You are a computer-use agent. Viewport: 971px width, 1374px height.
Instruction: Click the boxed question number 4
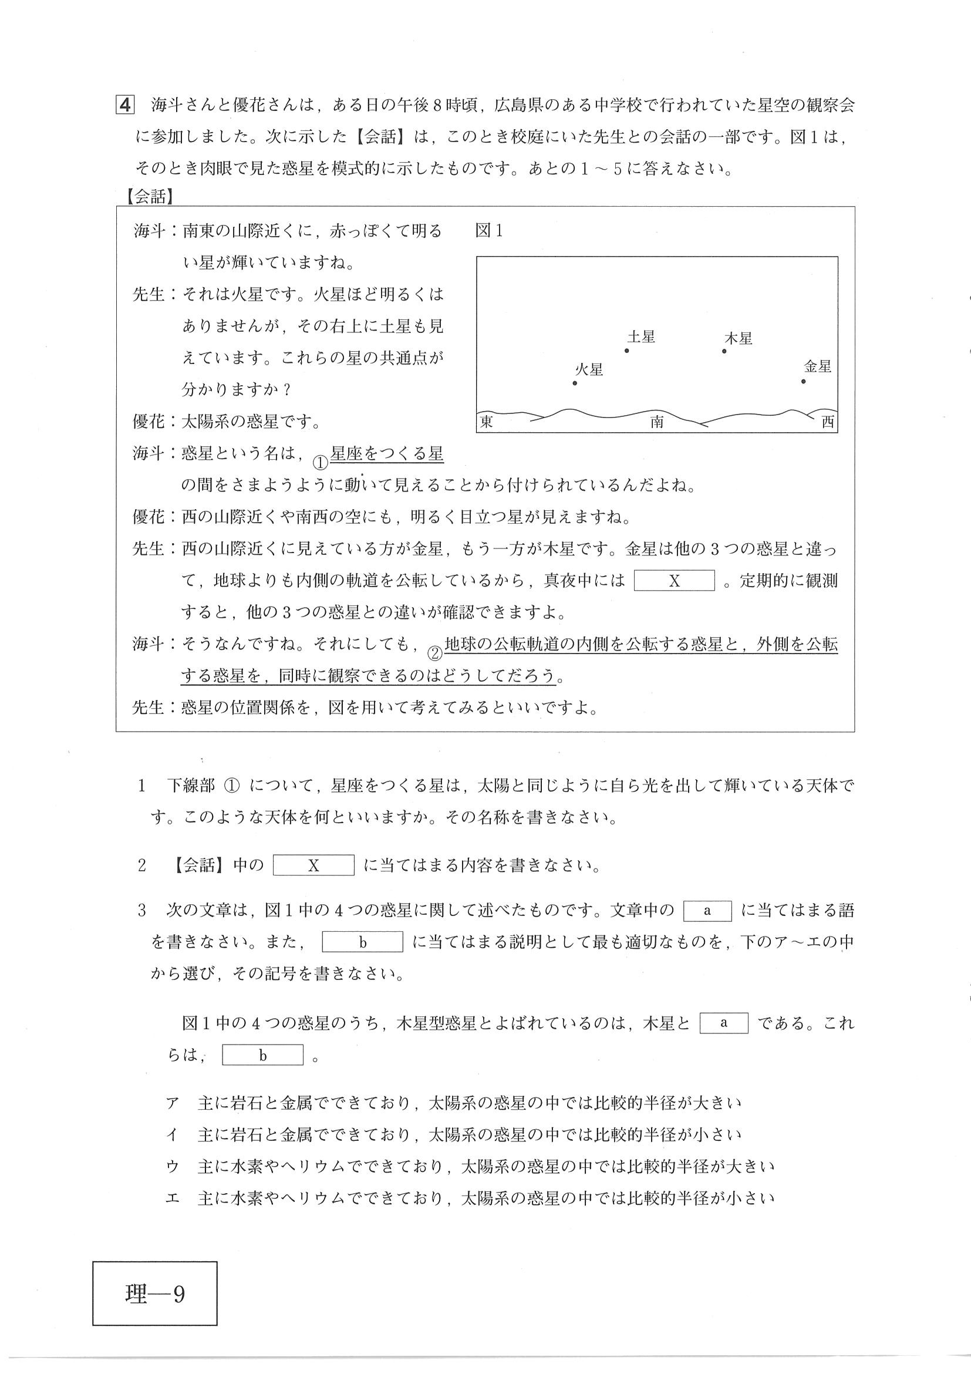tap(124, 105)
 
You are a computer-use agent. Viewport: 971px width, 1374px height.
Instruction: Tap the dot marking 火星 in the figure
tap(575, 383)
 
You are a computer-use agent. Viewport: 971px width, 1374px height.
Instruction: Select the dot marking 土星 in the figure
tap(627, 351)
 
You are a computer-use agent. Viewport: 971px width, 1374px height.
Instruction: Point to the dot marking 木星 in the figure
tap(724, 351)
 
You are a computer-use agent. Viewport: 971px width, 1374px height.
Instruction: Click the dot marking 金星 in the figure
tap(804, 381)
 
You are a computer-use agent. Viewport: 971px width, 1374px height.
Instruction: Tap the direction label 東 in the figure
tap(487, 422)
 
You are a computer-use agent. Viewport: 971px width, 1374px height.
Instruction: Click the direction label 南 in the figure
tap(656, 423)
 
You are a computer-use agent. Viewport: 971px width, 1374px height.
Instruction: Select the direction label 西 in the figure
tap(827, 422)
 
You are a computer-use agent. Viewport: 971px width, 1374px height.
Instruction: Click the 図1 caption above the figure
tap(489, 231)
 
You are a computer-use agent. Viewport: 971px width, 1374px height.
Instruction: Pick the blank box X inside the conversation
tap(675, 581)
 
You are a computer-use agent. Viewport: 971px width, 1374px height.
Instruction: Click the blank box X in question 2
tap(313, 866)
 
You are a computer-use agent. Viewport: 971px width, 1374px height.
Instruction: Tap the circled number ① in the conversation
tap(321, 462)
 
